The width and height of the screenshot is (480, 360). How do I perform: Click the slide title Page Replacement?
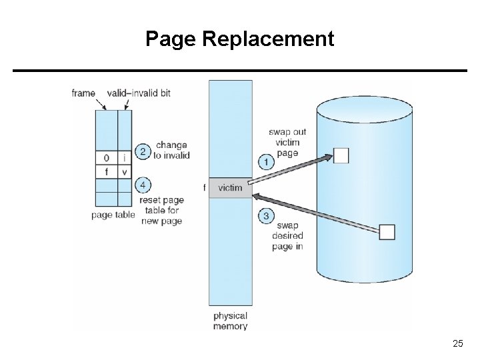[x=240, y=39]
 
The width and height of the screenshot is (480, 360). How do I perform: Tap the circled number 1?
[x=265, y=161]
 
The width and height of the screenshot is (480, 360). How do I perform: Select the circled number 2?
[x=141, y=151]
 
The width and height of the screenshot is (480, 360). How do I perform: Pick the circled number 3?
[x=265, y=215]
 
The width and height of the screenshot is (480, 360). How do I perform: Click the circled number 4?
[x=141, y=185]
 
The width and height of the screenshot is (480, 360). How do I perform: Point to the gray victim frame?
[x=231, y=188]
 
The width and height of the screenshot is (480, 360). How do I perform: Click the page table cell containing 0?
[x=107, y=158]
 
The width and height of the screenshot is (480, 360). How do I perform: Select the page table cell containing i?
[x=125, y=158]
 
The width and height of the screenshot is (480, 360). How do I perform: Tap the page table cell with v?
[x=125, y=172]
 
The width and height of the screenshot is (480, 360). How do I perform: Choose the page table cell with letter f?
[x=107, y=172]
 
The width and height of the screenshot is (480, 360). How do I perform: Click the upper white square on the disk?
[x=341, y=155]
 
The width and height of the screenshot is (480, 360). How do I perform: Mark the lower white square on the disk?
[x=387, y=232]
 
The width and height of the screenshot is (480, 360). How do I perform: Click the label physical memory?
[x=230, y=321]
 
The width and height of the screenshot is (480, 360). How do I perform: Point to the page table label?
[x=113, y=215]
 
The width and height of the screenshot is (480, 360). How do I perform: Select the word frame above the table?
[x=83, y=93]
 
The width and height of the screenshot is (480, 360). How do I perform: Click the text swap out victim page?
[x=287, y=142]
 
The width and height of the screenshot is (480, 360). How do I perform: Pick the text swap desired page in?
[x=287, y=235]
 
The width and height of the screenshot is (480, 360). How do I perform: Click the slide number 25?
[x=457, y=343]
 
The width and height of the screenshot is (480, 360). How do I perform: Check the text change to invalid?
[x=171, y=150]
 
